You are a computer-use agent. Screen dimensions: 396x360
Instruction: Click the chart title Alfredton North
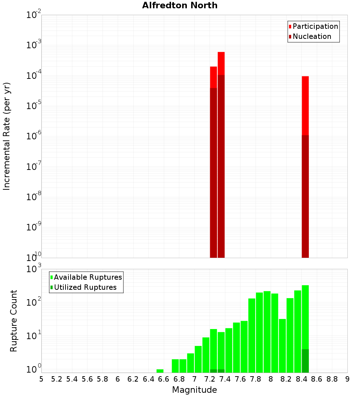[180, 5]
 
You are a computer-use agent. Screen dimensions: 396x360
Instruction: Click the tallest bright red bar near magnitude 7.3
[221, 63]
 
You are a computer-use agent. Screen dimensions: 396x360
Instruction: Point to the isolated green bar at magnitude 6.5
[160, 371]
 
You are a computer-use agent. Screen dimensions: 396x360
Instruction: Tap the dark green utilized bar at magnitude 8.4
[305, 361]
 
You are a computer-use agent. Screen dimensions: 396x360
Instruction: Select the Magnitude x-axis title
[194, 390]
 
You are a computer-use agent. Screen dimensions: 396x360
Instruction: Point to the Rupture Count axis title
[14, 320]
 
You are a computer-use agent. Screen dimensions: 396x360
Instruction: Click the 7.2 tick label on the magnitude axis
[210, 379]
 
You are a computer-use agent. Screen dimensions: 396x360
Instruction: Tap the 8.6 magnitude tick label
[317, 379]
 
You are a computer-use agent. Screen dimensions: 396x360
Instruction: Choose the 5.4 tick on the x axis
[72, 379]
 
